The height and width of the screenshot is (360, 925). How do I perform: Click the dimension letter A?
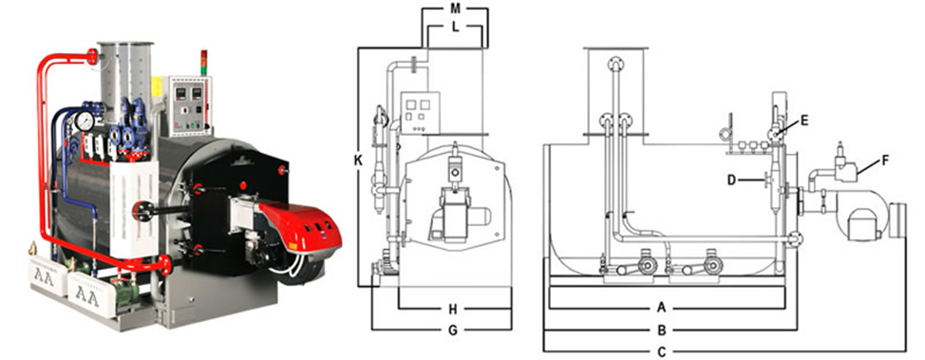[661, 307]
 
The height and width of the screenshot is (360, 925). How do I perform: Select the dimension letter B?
[662, 330]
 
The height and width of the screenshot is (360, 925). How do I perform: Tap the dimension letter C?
[662, 351]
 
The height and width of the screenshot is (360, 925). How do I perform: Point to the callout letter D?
[731, 180]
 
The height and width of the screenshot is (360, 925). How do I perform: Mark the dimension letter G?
[452, 330]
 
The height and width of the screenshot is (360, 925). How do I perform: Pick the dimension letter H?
[452, 309]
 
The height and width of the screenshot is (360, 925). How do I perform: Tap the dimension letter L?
[455, 28]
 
